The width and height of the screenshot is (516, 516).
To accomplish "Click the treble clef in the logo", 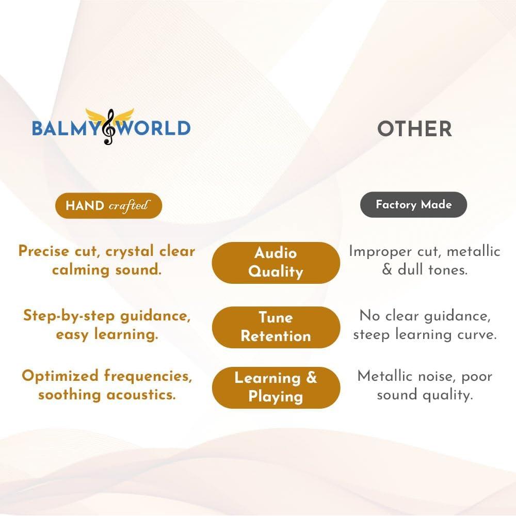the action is [109, 127].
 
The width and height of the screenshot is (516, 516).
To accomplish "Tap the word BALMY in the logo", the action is [66, 128].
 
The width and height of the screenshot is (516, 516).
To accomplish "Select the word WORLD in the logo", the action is [154, 128].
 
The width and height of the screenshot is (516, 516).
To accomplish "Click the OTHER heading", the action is [414, 128].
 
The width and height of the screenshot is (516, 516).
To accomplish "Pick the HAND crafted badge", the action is [108, 206].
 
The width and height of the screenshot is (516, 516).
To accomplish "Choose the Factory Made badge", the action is [414, 205].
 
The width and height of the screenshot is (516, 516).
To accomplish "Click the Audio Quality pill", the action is [276, 263].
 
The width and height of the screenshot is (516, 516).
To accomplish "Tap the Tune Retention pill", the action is [276, 327].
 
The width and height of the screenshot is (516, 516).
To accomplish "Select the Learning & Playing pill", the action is [276, 388].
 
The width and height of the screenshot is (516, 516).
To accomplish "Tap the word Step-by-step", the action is [69, 316].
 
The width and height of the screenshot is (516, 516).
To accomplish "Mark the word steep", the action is [372, 335].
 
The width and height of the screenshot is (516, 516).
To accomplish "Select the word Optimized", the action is [60, 377].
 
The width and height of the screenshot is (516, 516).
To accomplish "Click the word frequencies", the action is [148, 376].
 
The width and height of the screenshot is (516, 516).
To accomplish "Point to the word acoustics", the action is [141, 395].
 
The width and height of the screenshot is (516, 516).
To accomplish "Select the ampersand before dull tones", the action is [388, 270].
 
